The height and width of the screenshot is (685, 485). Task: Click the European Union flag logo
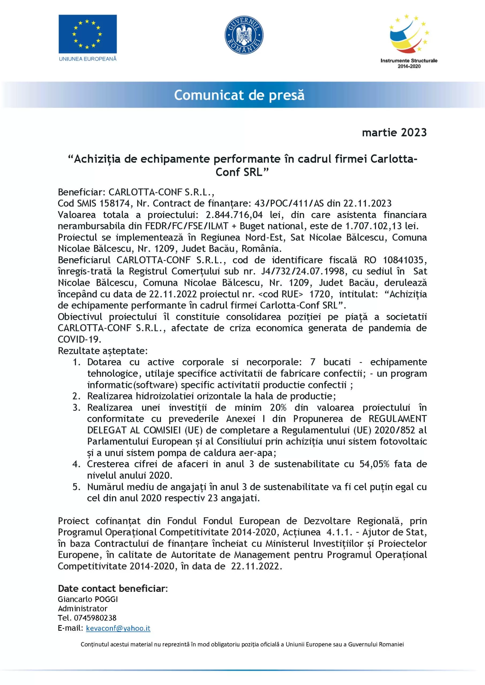point(88,34)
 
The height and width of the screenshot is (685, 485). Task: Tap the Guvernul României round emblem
point(244,35)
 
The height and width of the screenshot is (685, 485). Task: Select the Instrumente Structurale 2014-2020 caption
point(409,63)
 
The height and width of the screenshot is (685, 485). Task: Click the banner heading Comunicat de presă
point(239,95)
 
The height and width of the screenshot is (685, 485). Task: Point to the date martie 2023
point(394,132)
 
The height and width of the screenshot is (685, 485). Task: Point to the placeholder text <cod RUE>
point(280,294)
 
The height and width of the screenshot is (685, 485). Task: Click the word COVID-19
point(80,340)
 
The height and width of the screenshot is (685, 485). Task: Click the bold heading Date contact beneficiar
point(112,588)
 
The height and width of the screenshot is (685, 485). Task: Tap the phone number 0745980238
point(95,618)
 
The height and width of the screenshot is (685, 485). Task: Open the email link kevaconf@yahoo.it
point(118,628)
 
